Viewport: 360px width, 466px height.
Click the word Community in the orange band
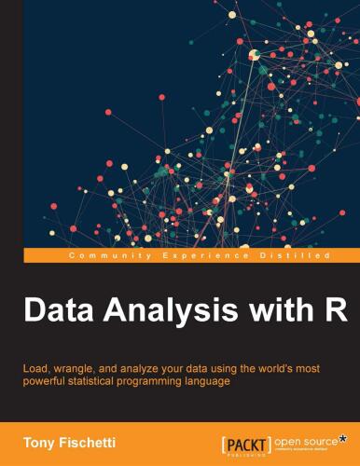104,254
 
